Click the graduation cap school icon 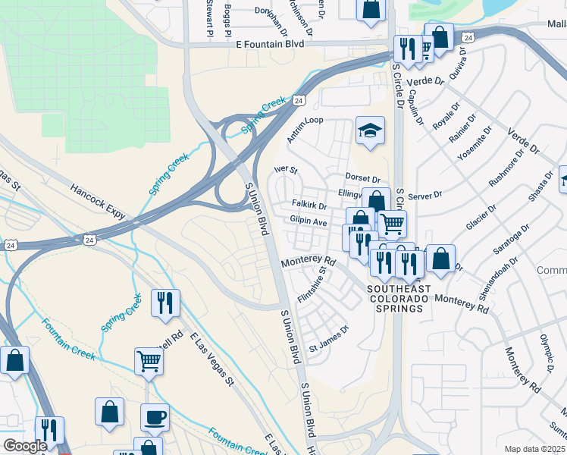370,131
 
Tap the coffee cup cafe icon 155,418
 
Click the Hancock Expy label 98,202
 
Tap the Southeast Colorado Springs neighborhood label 399,299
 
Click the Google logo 25,446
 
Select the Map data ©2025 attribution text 535,449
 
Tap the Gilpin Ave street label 309,222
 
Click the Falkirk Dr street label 309,206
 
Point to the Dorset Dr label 362,179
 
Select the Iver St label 286,171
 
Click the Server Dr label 424,196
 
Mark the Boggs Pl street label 227,20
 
